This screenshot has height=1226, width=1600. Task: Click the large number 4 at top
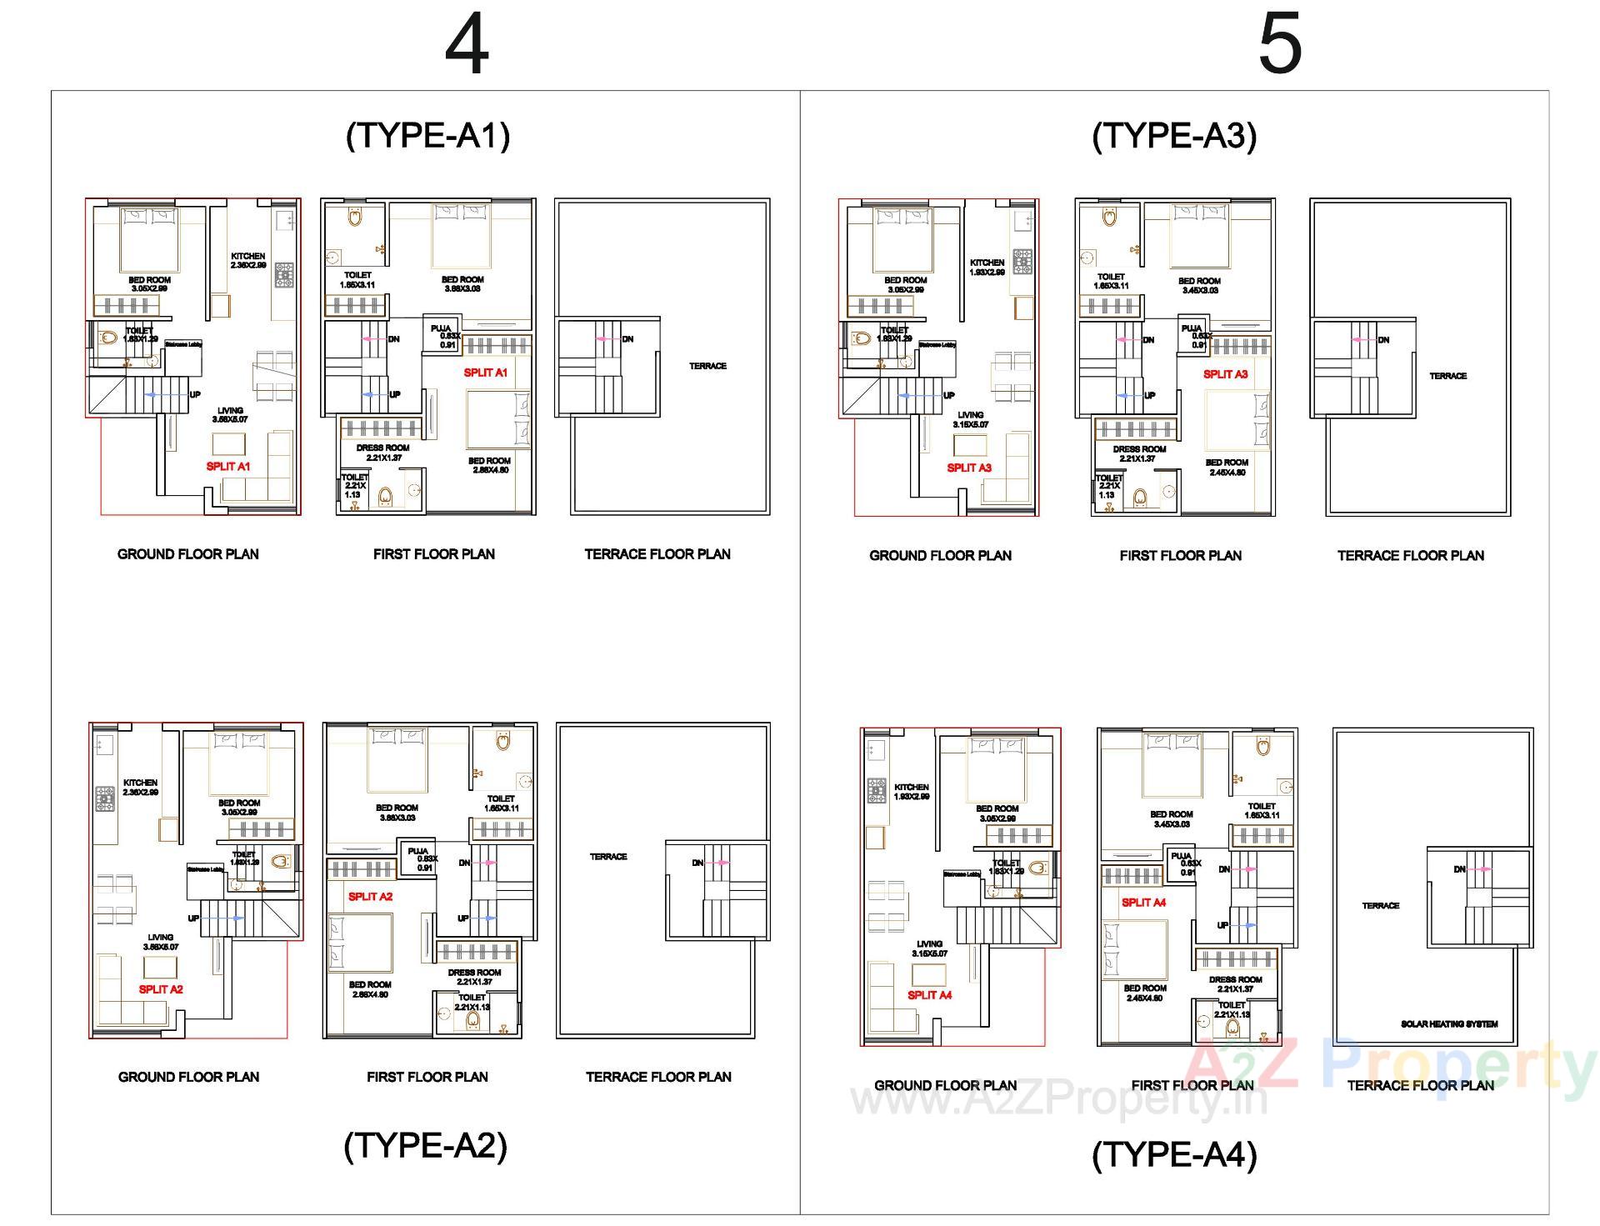[467, 46]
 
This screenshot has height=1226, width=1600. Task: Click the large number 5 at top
[1279, 46]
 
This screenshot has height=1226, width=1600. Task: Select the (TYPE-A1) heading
[427, 135]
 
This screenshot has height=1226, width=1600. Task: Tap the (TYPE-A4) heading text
[1173, 1154]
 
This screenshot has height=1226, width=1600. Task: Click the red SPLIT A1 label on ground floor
[228, 467]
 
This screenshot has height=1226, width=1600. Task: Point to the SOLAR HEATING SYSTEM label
[1449, 1023]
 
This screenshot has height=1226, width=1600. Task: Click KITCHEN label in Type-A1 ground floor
[248, 260]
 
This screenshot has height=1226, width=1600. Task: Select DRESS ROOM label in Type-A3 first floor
[1139, 453]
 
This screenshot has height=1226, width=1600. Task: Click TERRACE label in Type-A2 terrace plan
[608, 857]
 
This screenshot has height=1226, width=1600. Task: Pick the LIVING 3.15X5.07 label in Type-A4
[929, 948]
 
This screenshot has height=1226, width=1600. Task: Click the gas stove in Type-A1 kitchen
[284, 274]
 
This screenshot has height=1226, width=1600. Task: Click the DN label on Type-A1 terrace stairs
[627, 339]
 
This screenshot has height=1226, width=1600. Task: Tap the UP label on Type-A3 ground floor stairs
[949, 395]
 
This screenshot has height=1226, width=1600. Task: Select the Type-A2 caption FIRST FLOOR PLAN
[427, 1077]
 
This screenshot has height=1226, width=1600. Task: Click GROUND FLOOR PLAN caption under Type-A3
[940, 555]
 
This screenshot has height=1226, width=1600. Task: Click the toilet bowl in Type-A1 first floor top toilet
[356, 218]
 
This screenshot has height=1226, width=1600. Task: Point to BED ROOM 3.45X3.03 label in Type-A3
[1200, 285]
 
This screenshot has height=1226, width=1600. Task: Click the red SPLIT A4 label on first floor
[1143, 903]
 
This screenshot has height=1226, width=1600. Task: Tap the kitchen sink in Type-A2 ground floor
[103, 743]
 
